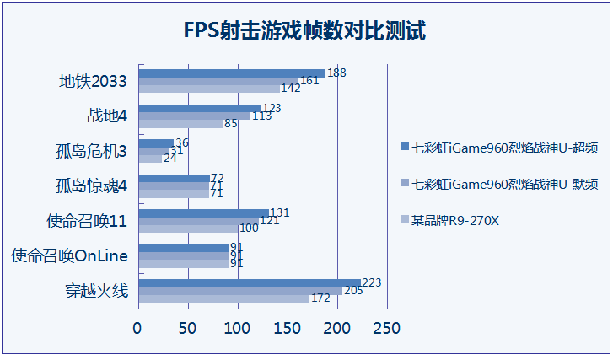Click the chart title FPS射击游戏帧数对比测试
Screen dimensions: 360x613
pyautogui.click(x=305, y=32)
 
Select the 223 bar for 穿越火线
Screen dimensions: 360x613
pyautogui.click(x=249, y=283)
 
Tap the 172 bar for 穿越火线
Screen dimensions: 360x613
pyautogui.click(x=223, y=298)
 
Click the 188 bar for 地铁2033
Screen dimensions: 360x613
pyautogui.click(x=231, y=73)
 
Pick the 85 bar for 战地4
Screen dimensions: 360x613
pyautogui.click(x=180, y=124)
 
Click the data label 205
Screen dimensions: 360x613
pyautogui.click(x=354, y=291)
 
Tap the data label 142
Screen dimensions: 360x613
pyautogui.click(x=291, y=88)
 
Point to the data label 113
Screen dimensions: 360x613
pyautogui.click(x=262, y=116)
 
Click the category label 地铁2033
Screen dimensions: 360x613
pyautogui.click(x=93, y=82)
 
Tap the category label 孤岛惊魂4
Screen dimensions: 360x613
pyautogui.click(x=91, y=185)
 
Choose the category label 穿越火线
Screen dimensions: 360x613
pyautogui.click(x=95, y=291)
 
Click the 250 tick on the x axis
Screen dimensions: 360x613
pyautogui.click(x=386, y=327)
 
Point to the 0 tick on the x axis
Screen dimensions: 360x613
pyautogui.click(x=137, y=327)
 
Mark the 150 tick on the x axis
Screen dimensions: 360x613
pyautogui.click(x=287, y=327)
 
